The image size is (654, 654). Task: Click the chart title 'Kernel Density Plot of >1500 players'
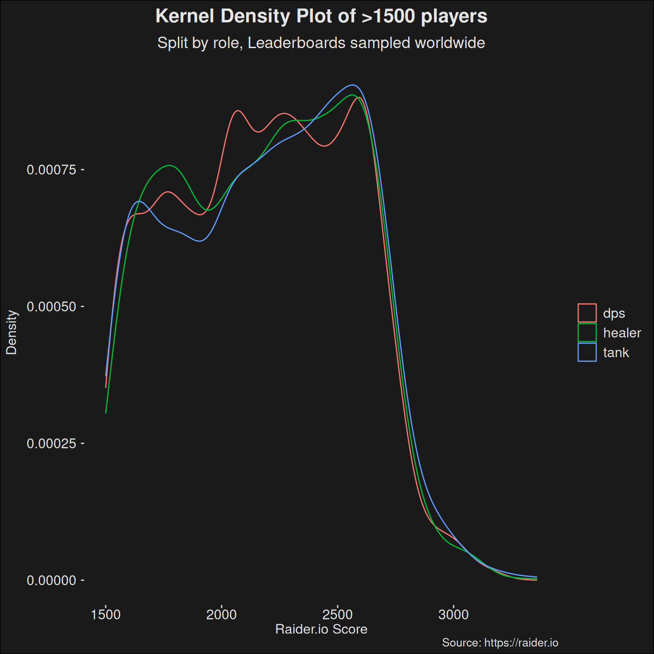(x=321, y=17)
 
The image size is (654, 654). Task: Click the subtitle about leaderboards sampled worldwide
(x=321, y=43)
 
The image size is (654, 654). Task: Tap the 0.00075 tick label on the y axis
(x=51, y=170)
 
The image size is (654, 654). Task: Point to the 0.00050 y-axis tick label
(x=51, y=307)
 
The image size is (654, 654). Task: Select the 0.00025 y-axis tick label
(x=51, y=444)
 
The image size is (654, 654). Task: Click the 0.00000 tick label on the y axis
(x=51, y=580)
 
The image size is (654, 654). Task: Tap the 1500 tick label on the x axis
(x=106, y=614)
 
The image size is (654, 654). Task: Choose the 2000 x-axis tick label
(x=221, y=614)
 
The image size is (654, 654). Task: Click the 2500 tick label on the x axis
(x=338, y=614)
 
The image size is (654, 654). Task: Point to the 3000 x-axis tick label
(x=453, y=614)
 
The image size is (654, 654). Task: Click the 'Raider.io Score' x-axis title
(x=321, y=629)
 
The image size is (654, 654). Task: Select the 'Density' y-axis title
(x=11, y=332)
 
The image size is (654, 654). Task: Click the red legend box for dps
(x=587, y=313)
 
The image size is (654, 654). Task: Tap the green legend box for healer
(x=587, y=333)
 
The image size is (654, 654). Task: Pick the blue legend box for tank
(x=587, y=352)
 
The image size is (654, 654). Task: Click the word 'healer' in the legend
(x=622, y=333)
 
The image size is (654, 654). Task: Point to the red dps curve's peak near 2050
(x=238, y=111)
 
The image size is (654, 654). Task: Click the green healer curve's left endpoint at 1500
(x=106, y=413)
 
